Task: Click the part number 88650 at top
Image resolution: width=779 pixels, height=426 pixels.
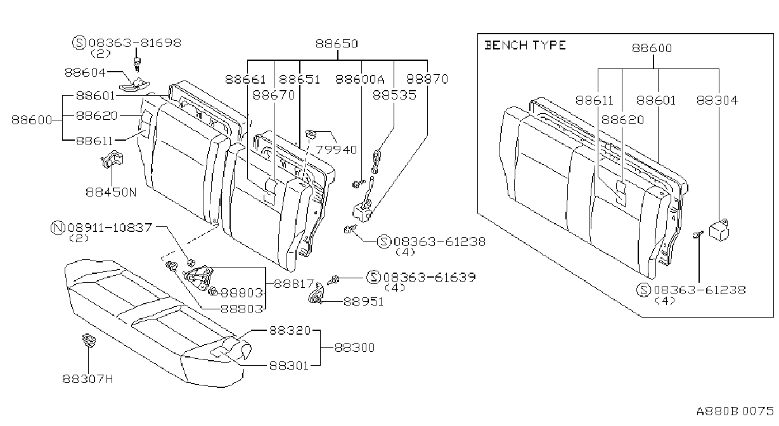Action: (337, 44)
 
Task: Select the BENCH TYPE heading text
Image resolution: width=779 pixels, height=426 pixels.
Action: (525, 45)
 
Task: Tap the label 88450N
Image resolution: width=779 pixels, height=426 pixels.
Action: (112, 192)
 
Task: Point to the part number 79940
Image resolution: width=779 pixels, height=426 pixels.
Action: (337, 150)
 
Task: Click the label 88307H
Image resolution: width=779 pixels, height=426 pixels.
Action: (87, 378)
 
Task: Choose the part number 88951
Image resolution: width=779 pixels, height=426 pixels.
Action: (363, 302)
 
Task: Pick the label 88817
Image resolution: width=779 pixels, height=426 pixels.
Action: (294, 284)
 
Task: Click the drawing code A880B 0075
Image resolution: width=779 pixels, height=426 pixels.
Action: (735, 411)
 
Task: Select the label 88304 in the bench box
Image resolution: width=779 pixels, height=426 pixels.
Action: (717, 101)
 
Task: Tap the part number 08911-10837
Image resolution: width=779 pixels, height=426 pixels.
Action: (110, 228)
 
